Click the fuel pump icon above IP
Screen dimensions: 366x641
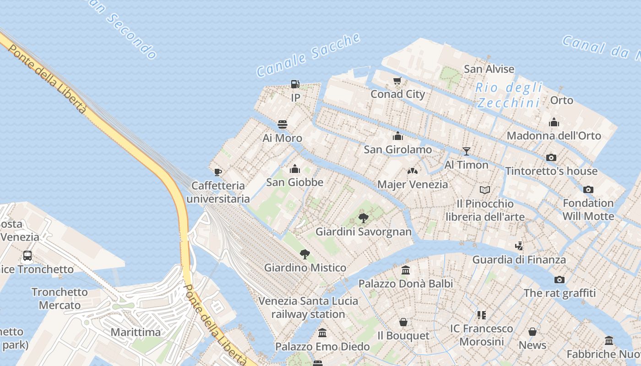(x=295, y=84)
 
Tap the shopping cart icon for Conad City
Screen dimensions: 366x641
(x=397, y=81)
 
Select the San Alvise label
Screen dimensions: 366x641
(x=489, y=69)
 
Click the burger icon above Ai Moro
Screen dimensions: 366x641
(x=282, y=124)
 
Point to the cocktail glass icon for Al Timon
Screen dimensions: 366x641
(x=467, y=151)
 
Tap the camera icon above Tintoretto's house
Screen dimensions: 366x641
(x=551, y=157)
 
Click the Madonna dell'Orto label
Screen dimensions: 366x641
(x=554, y=135)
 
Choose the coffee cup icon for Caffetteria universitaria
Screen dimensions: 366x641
(x=218, y=172)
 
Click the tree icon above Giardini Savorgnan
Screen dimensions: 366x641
(x=364, y=218)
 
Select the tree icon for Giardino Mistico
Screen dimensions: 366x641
(x=304, y=254)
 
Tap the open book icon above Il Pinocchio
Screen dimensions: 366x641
(x=485, y=189)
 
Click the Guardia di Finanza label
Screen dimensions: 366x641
(x=519, y=260)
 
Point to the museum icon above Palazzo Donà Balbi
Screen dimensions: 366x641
(x=405, y=270)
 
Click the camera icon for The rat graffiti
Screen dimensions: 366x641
(x=559, y=280)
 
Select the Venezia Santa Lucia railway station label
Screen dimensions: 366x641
(x=308, y=307)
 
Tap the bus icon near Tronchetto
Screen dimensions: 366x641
(x=27, y=256)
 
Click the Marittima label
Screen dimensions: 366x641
(x=136, y=332)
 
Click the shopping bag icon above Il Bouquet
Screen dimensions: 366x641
(x=403, y=322)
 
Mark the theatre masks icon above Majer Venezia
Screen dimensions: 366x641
(x=413, y=171)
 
